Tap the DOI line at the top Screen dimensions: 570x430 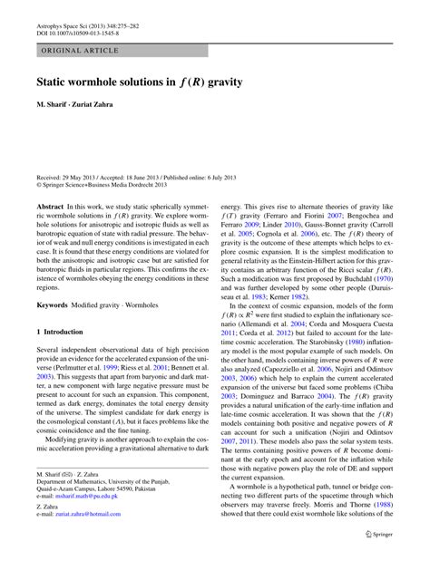click(73, 21)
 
